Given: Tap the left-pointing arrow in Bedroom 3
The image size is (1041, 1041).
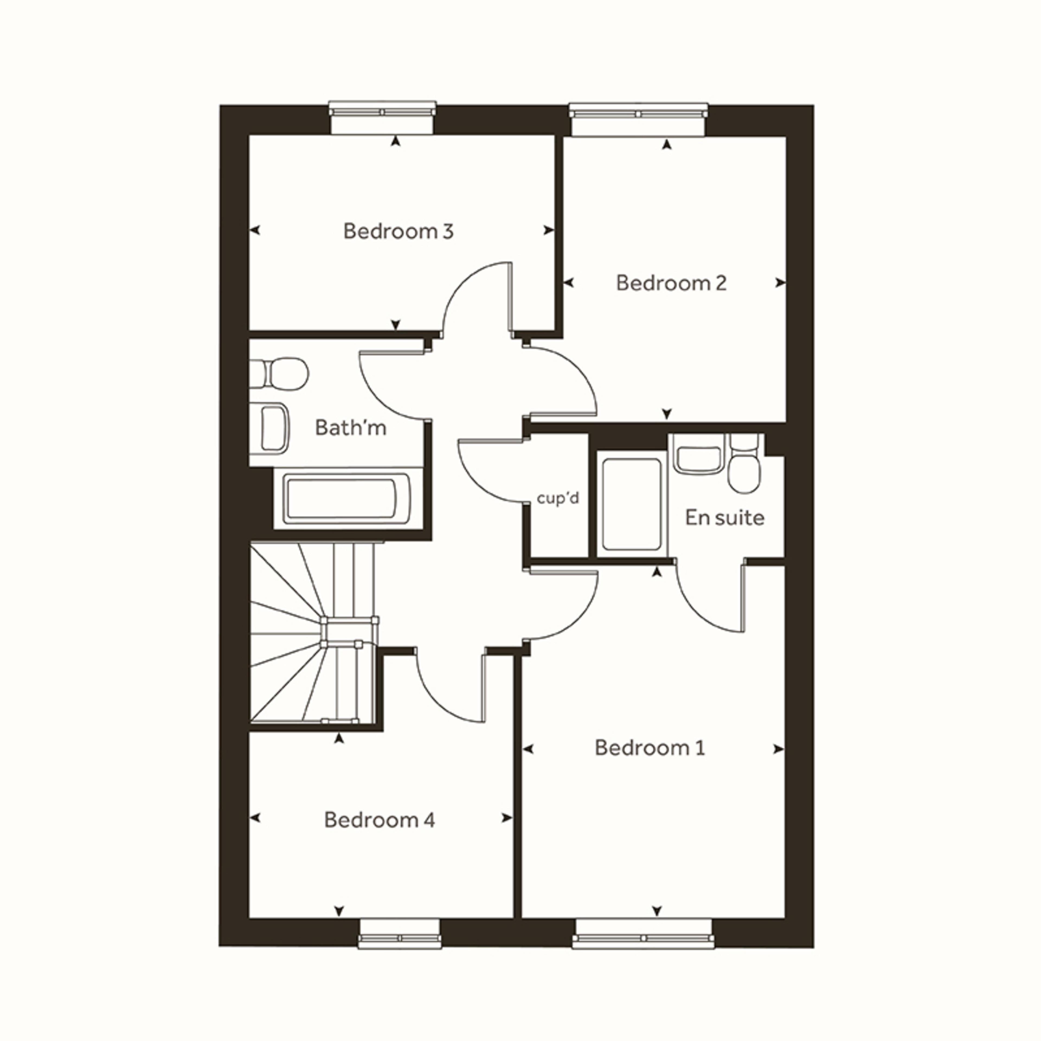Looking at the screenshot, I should point(255,231).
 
